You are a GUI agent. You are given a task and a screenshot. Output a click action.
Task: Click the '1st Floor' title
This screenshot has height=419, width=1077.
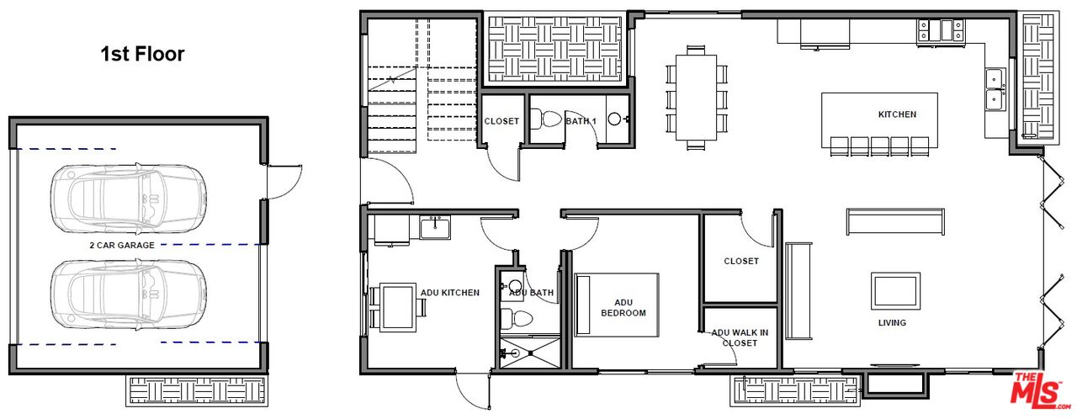(142, 55)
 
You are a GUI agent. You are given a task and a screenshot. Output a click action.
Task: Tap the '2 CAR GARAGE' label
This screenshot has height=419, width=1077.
(122, 245)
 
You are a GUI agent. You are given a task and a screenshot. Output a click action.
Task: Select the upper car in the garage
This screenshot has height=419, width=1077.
(127, 198)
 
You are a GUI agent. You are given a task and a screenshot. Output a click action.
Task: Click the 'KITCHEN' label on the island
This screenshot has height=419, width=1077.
(897, 114)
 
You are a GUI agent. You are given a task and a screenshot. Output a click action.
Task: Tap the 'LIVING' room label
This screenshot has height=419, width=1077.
(892, 323)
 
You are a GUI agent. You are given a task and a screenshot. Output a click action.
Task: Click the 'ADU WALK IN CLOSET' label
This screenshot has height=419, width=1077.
(740, 337)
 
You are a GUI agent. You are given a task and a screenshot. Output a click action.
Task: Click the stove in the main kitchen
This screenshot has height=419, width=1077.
(940, 30)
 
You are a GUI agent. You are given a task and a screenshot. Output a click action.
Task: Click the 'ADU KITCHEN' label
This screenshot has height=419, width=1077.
(450, 293)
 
